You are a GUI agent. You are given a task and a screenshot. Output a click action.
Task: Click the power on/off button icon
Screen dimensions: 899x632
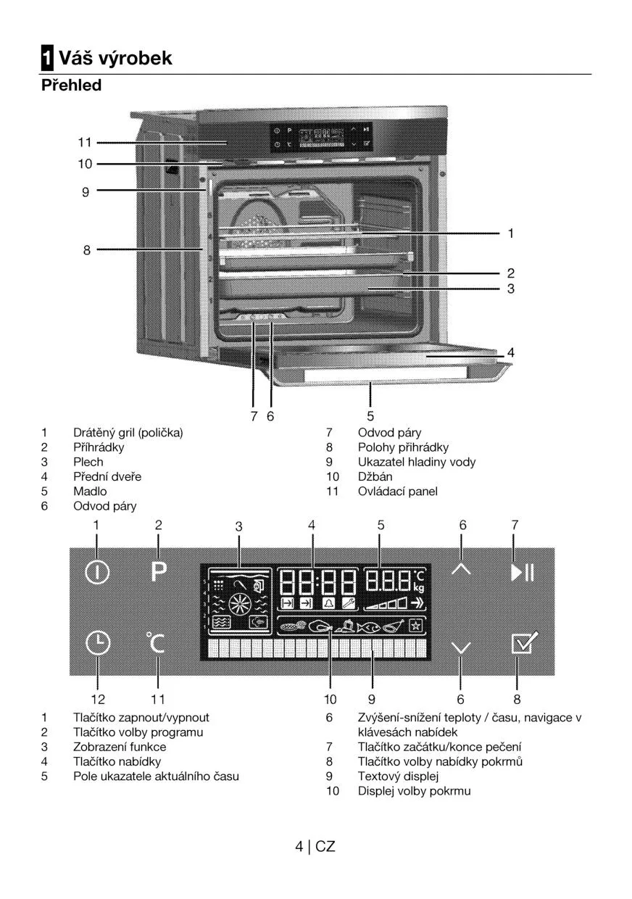[x=97, y=573]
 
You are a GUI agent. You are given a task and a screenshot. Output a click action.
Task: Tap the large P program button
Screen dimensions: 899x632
[x=159, y=572]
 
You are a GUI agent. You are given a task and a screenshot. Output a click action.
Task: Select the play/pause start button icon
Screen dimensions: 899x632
[x=521, y=572]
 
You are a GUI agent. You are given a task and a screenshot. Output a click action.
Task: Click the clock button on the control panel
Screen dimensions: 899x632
[x=97, y=642]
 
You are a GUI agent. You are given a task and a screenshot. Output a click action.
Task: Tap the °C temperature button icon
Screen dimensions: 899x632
[x=156, y=642]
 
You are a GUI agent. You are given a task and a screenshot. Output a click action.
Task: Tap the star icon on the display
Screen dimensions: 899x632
[x=415, y=625]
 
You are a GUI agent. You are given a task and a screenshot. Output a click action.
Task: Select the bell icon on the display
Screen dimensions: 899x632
[x=328, y=603]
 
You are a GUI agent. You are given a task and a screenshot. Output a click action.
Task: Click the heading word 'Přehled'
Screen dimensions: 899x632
[x=70, y=86]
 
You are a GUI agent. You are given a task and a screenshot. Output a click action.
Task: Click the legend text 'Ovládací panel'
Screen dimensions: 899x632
[x=397, y=492]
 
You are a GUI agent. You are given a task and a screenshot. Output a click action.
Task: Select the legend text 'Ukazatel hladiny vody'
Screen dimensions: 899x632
[x=417, y=462]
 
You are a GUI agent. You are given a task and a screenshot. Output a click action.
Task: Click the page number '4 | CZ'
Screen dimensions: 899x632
[x=315, y=846]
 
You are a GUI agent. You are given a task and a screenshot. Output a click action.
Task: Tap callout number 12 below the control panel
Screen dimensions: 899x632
[x=97, y=700]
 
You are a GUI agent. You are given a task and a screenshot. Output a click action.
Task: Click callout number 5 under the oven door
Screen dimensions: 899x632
[x=370, y=416]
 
